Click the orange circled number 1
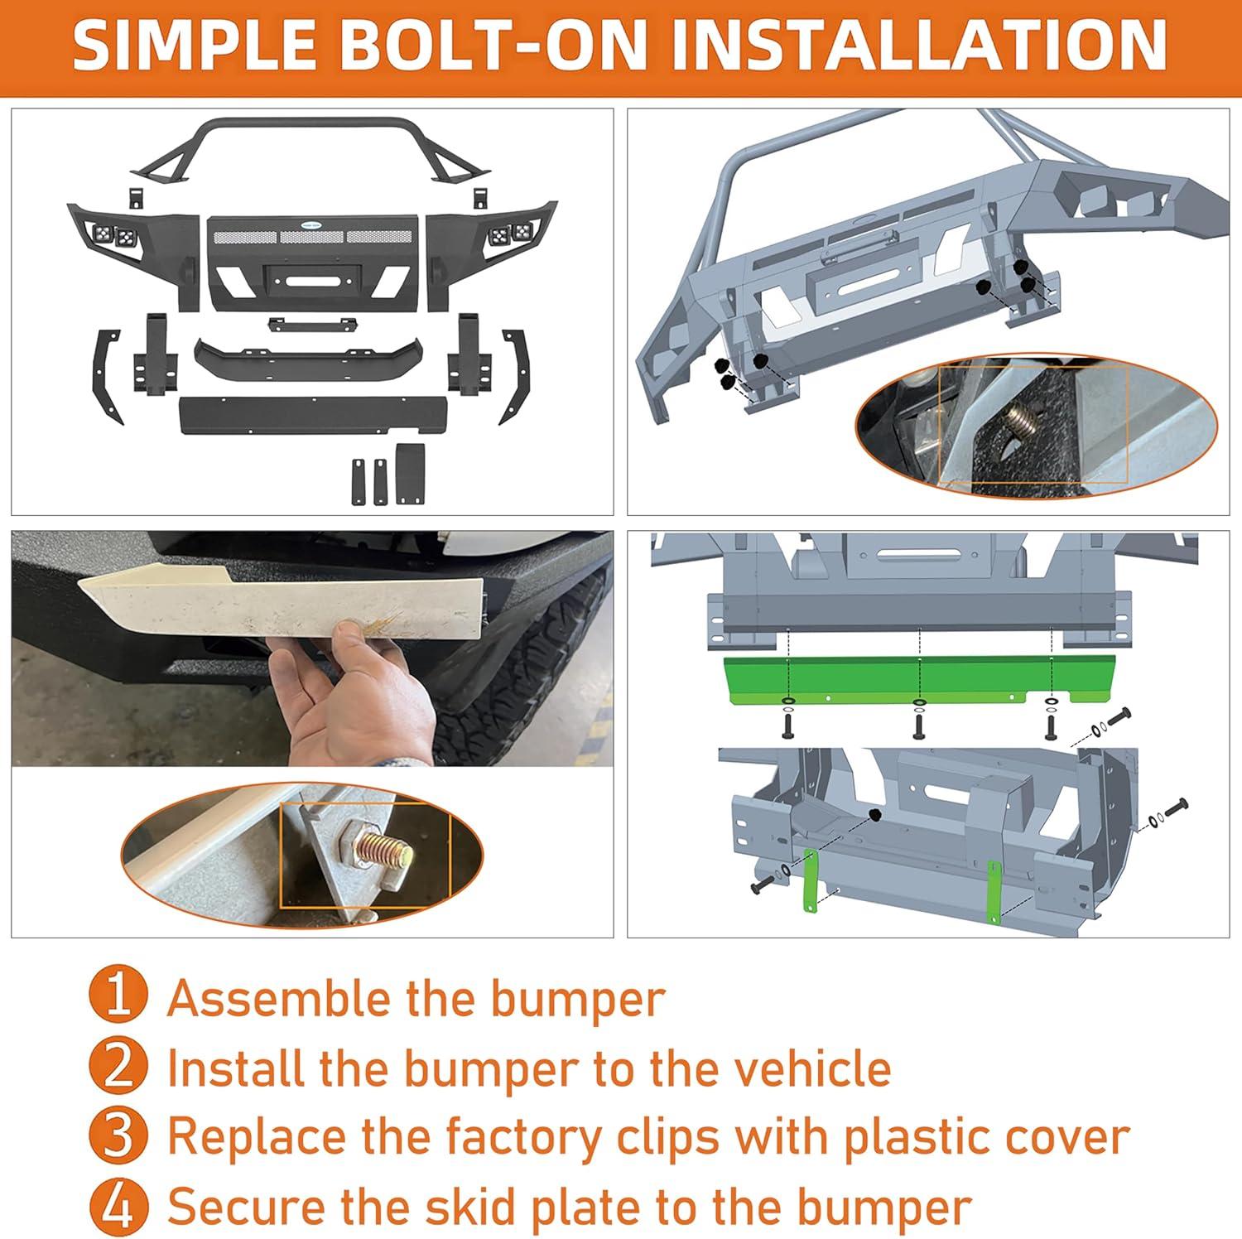click(x=118, y=998)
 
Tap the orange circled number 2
click(x=118, y=1068)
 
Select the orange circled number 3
click(x=118, y=1136)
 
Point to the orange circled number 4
click(x=118, y=1206)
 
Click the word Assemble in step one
click(x=280, y=998)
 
